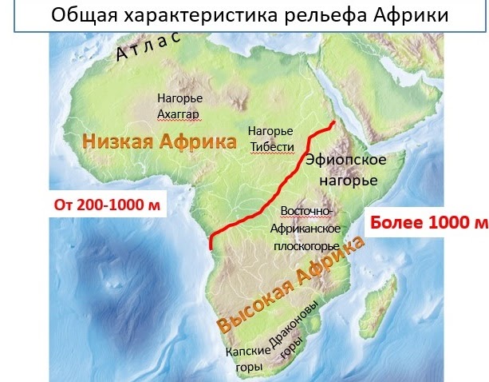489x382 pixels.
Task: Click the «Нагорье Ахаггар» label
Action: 179,105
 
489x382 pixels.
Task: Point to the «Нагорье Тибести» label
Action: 271,138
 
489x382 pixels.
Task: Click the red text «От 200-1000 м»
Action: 106,205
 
